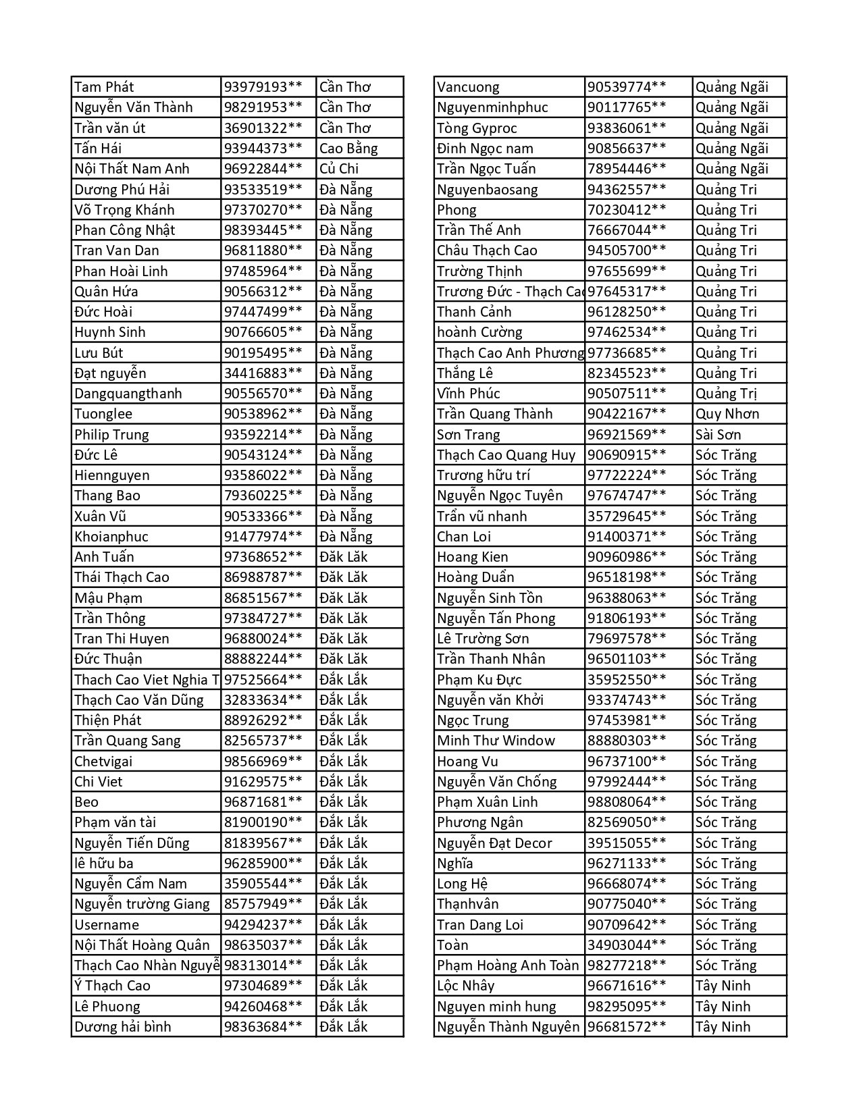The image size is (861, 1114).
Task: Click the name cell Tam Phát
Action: (104, 87)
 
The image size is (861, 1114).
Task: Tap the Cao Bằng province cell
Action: (348, 149)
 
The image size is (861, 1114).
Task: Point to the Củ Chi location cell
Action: (339, 169)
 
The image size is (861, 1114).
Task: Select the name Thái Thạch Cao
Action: (122, 577)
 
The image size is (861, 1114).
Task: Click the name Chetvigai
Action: (103, 762)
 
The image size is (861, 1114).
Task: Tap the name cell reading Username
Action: (107, 925)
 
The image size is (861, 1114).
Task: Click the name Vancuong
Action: (468, 87)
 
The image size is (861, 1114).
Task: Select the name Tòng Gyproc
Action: (477, 128)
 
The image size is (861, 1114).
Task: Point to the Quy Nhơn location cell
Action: (727, 414)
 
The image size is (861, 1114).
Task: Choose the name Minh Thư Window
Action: (496, 741)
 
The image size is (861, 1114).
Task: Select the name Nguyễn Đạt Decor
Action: (494, 843)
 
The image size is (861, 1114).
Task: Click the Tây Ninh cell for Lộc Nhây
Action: (723, 986)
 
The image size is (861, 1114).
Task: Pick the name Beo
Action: (86, 802)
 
